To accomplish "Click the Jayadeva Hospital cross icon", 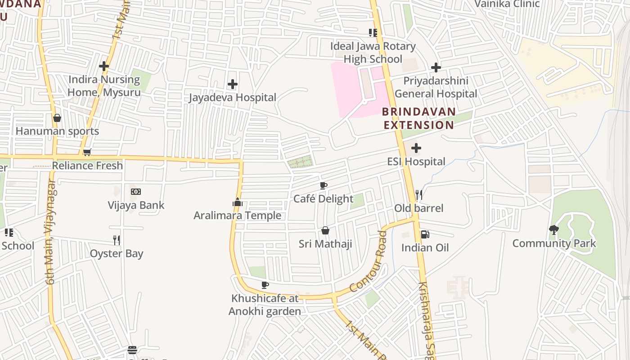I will tap(233, 84).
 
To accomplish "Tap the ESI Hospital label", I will tap(416, 162).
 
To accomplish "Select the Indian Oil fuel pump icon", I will tap(424, 234).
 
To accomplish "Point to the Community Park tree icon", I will tap(554, 230).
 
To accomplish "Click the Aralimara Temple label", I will tap(237, 216).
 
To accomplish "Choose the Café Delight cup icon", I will tap(323, 185).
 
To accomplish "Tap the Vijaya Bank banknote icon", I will tap(136, 192).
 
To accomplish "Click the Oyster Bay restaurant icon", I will tap(117, 240).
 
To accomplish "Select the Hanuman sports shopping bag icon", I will tap(57, 118).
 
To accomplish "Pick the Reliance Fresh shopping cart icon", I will tap(87, 152).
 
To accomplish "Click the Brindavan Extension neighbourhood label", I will tap(418, 118).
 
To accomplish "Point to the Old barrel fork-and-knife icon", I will tap(418, 195).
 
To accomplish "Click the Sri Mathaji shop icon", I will tap(325, 231).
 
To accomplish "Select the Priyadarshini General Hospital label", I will tap(436, 87).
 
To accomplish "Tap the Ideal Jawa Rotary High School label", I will tap(373, 53).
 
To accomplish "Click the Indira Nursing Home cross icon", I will tap(104, 66).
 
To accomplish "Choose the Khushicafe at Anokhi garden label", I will tap(265, 305).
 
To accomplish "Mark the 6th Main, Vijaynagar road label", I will tap(50, 232).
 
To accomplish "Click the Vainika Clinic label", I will tap(507, 4).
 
